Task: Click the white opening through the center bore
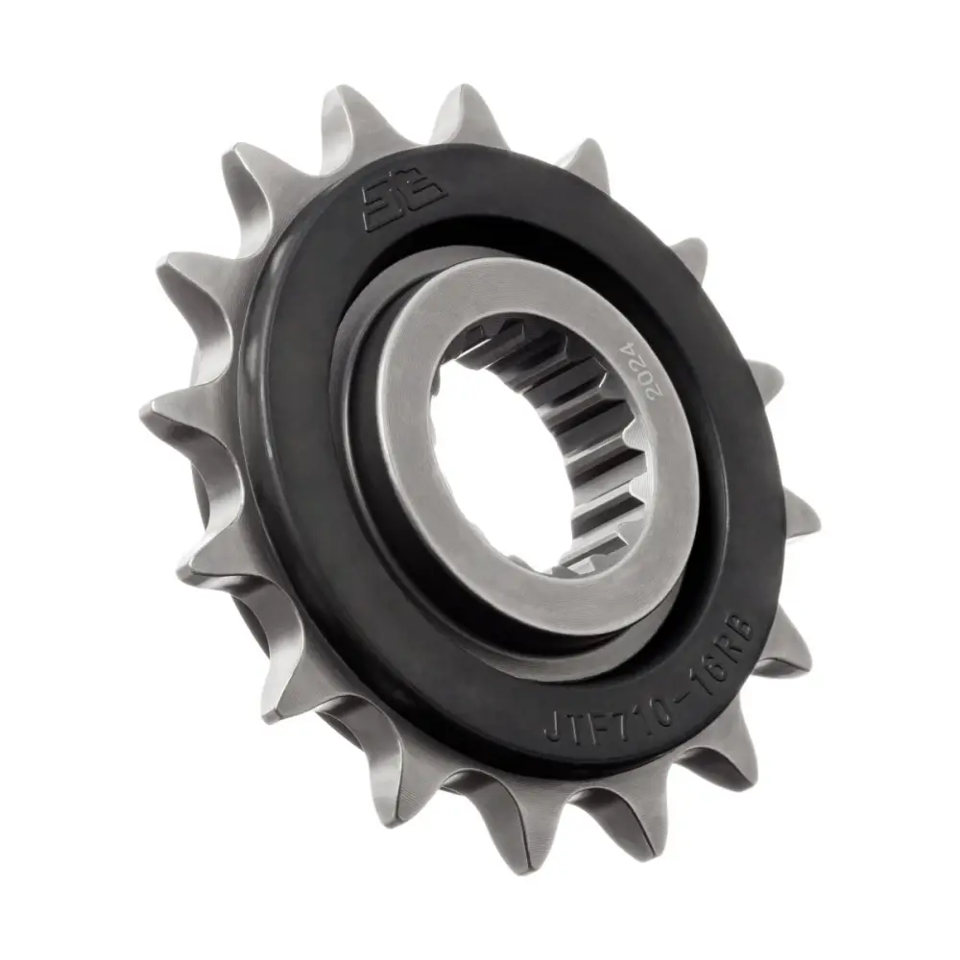click(x=480, y=461)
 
